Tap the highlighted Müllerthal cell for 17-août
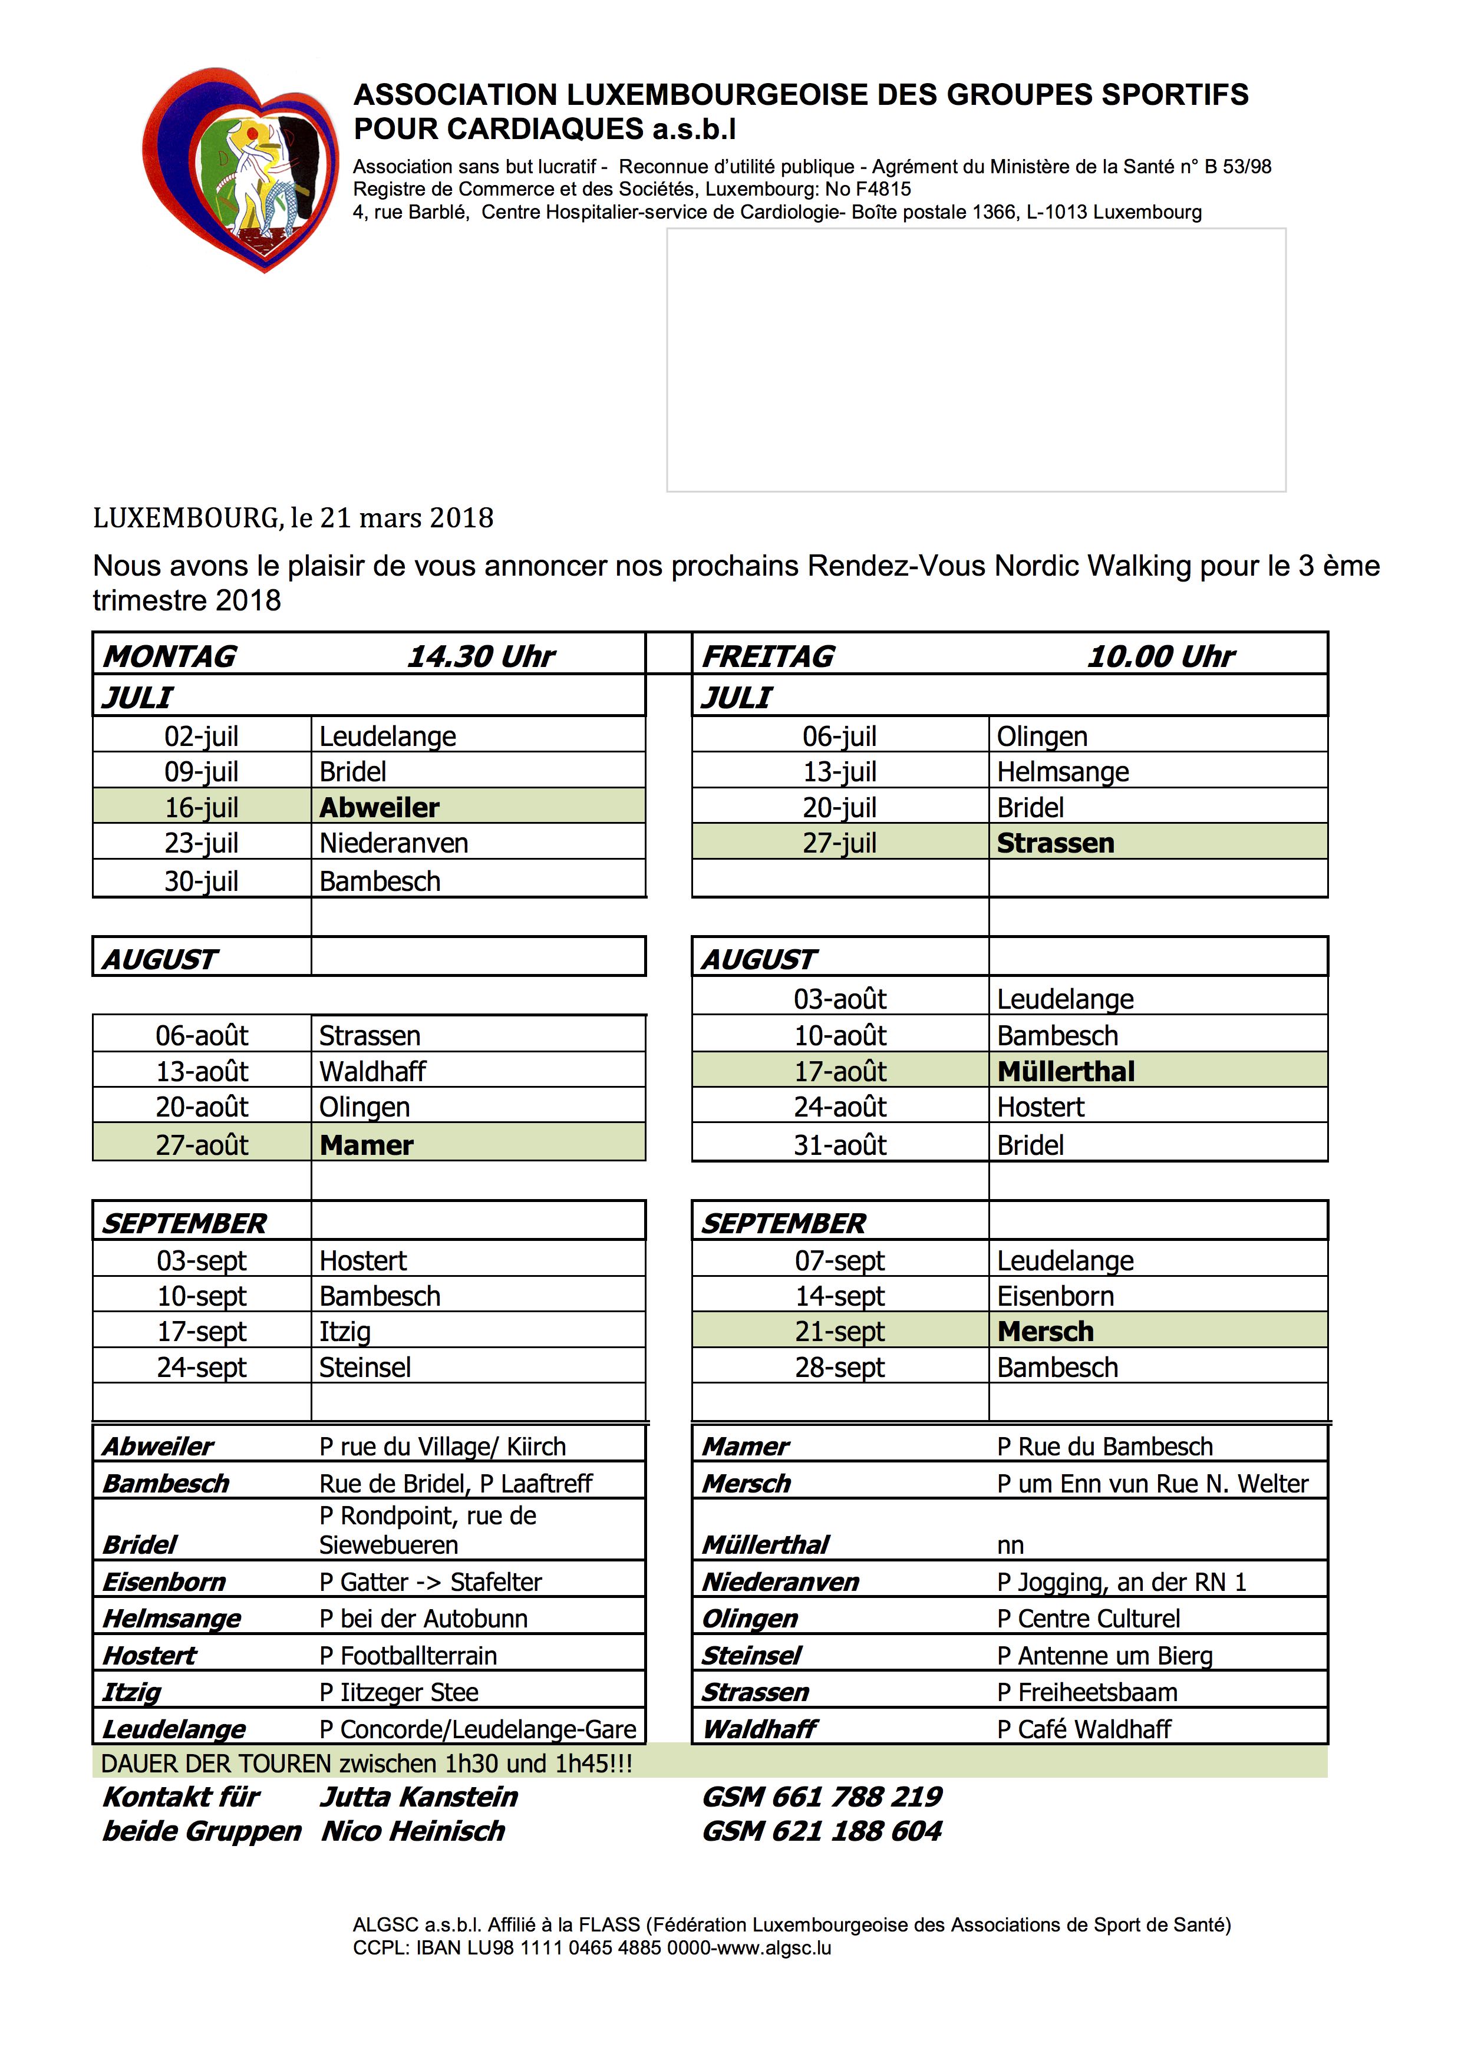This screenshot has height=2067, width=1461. coord(1066,1071)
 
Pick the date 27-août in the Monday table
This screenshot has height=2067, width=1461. coord(202,1145)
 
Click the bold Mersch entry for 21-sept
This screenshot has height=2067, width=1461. coord(1045,1330)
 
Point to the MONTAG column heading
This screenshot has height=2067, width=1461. coord(170,656)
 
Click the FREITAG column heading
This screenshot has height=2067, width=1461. coord(768,656)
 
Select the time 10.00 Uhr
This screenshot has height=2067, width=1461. coord(1161,656)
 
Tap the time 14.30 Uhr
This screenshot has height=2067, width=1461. coord(481,656)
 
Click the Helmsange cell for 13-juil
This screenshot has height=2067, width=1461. coord(1062,771)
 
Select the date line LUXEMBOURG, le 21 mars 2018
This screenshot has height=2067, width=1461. coord(293,518)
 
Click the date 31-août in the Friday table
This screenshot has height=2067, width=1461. coord(840,1145)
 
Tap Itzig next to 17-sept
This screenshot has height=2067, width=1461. coord(345,1330)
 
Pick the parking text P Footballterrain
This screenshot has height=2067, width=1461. coord(408,1655)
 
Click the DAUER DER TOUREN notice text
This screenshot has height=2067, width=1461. coord(367,1763)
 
